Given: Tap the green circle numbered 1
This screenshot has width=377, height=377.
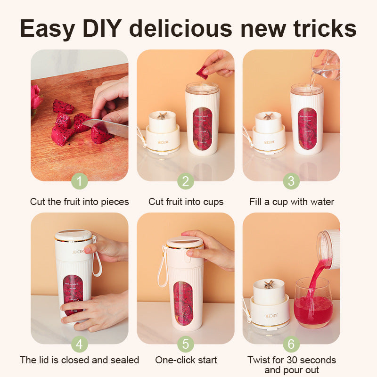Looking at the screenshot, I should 80,181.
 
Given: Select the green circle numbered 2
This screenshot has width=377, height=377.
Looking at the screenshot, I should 186,181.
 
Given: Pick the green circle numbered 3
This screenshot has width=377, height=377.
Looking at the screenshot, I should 291,181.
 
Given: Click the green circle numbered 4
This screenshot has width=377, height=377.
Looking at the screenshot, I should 80,344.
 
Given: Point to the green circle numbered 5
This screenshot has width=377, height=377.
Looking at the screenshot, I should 186,344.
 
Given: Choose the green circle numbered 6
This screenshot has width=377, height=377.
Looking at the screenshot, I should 291,344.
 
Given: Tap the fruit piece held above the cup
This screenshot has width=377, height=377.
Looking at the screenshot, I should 202,73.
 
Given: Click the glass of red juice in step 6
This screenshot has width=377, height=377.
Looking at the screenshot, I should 313,304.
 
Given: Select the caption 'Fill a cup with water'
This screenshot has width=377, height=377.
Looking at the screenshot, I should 292,202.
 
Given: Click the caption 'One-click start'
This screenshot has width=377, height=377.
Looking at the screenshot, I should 186,360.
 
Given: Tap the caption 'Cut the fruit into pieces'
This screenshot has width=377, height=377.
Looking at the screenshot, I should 80,202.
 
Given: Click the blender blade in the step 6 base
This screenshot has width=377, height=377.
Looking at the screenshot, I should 269,284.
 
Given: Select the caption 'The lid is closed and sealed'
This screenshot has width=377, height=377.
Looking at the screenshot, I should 80,360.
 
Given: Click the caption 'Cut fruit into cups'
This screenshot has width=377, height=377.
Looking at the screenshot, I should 186,202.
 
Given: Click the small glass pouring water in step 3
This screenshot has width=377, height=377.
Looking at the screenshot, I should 326,66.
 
